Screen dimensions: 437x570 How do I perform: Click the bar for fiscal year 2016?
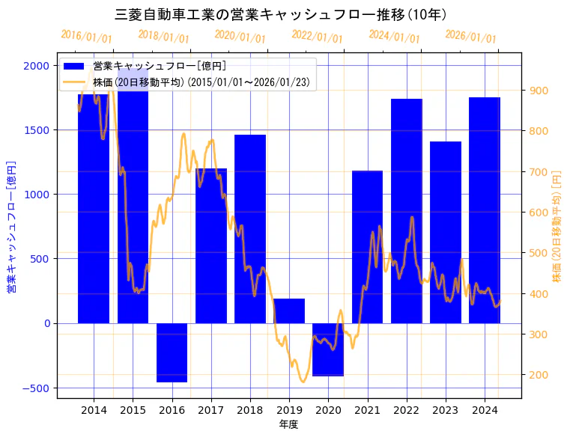point(172,352)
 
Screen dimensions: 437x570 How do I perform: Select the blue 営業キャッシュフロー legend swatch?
point(74,66)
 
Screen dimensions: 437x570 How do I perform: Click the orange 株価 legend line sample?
point(74,82)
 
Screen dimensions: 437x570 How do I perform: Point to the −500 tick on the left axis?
point(34,388)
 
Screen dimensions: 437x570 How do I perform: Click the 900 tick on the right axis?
point(539,91)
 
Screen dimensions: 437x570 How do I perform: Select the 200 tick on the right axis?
point(539,375)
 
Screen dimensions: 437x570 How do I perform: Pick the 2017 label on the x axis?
point(210,410)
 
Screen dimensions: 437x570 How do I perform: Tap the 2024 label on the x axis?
point(485,410)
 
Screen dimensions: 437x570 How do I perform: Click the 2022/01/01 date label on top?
point(317,37)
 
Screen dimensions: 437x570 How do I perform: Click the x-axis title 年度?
point(288,424)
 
